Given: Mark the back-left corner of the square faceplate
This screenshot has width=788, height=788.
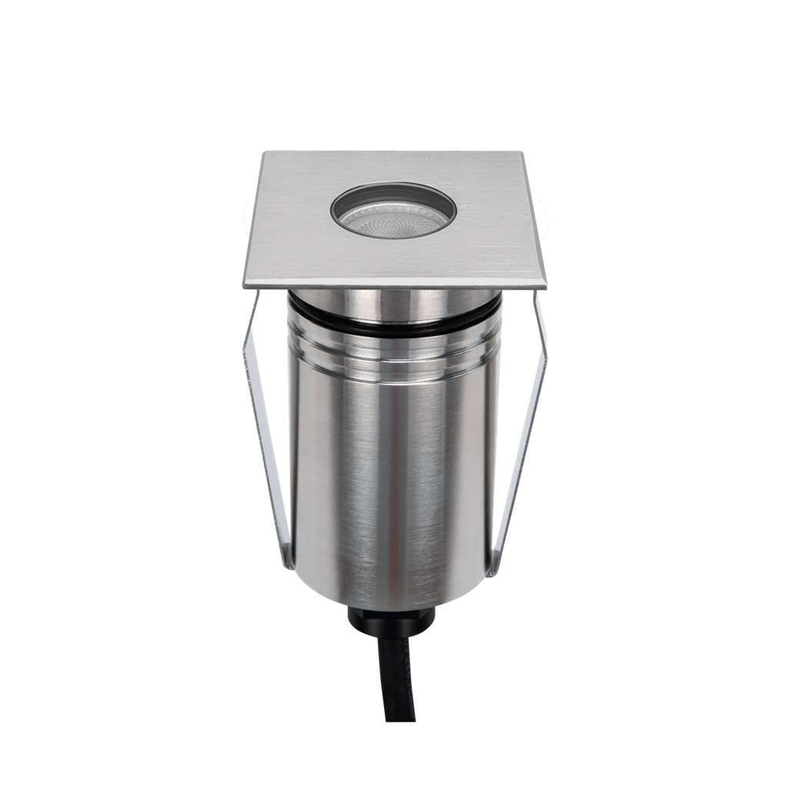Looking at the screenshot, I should pos(263,152).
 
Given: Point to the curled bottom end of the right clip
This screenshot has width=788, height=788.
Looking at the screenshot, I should pos(494,568).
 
